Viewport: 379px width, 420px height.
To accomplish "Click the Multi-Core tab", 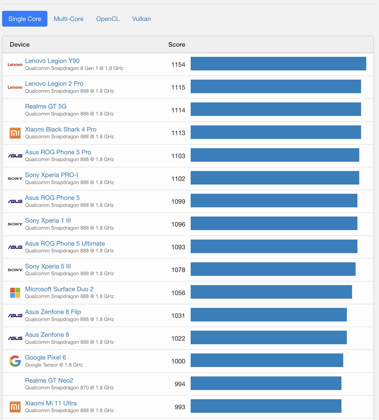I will click(x=69, y=19).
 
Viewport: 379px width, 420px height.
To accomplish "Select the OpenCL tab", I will click(x=108, y=19).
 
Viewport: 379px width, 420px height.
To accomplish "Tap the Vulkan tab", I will click(x=141, y=19).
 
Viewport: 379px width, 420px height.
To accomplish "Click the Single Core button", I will click(x=25, y=19).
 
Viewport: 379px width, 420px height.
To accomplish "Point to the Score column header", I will click(x=177, y=45).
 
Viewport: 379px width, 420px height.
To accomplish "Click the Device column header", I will click(x=20, y=45).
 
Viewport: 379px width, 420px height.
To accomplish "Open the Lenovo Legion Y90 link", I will click(x=52, y=61).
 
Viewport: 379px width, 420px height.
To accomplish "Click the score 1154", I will click(x=178, y=65).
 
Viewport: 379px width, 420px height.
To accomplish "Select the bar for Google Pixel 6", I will click(x=267, y=360).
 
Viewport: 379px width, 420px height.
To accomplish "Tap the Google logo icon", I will click(x=15, y=361).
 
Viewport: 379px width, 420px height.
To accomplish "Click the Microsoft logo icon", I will click(x=15, y=293).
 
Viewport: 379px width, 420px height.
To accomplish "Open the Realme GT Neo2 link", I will click(x=49, y=380).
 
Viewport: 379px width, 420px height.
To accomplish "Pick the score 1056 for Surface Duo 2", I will click(x=178, y=293).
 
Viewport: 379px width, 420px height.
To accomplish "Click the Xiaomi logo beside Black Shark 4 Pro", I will click(x=15, y=133).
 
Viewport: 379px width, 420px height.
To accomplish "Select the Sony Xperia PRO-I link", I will click(x=51, y=175).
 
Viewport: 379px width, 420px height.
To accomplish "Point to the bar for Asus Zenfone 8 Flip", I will click(x=269, y=315).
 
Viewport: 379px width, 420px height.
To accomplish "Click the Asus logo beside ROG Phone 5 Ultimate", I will click(x=15, y=247).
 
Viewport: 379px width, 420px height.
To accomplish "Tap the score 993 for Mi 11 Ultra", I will click(x=180, y=407).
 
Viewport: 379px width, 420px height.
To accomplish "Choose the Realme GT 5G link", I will click(x=46, y=106).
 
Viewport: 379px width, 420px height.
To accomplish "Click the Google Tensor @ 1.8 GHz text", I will click(x=54, y=365).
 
